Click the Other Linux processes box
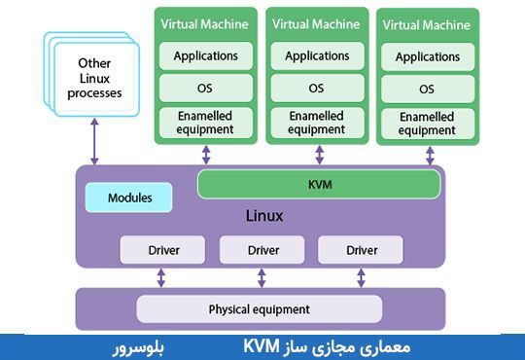pos(100,79)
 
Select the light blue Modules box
pos(129,198)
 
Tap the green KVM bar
pos(319,183)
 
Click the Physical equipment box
pos(260,309)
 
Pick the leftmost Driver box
pos(162,250)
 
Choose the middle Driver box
pos(262,250)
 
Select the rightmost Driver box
pos(362,250)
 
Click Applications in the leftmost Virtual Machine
pos(206,55)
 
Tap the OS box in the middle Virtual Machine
pos(316,89)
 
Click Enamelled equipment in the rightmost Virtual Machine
pos(427,124)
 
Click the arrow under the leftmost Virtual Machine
pos(206,156)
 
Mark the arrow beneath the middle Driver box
pos(262,277)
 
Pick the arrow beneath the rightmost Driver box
pos(362,277)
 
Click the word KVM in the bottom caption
pos(262,346)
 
